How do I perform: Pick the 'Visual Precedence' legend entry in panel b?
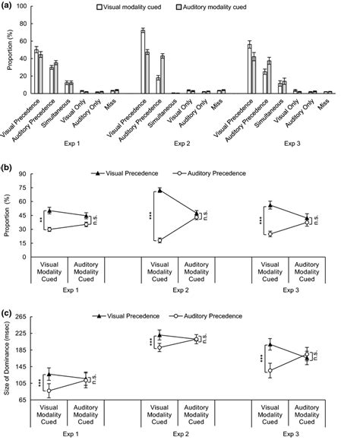(121, 173)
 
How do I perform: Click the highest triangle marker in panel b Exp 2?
(160, 190)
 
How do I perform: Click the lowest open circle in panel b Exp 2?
(160, 240)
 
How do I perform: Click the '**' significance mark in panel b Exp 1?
(39, 220)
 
